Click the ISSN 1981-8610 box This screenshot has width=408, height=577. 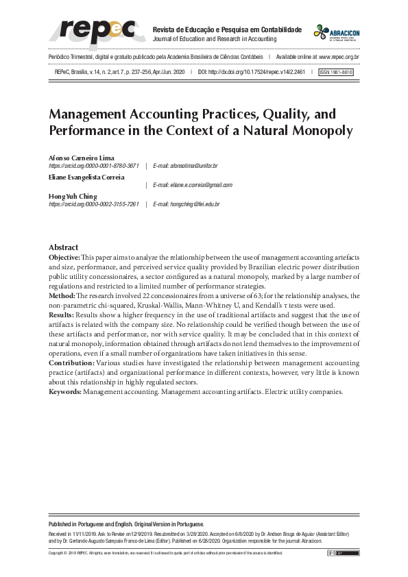coord(337,71)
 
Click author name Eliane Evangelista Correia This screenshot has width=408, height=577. coord(86,177)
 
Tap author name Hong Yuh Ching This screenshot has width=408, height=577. coord(73,196)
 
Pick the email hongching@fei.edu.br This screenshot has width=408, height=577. coord(186,204)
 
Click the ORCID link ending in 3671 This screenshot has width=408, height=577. coord(94,166)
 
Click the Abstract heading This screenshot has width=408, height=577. coord(63,247)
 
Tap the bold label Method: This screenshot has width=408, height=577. coord(63,295)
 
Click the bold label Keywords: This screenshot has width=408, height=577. coord(65,391)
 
